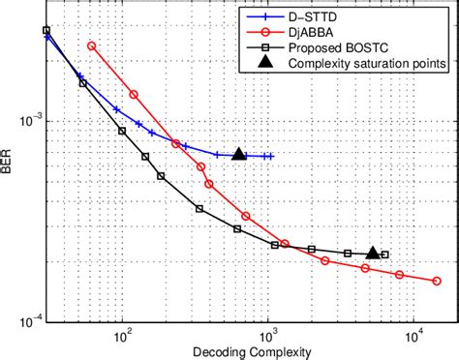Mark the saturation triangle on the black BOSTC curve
tap(373, 253)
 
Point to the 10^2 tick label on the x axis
tap(123, 336)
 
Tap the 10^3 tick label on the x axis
tap(268, 336)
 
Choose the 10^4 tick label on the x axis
tap(413, 336)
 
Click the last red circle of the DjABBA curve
tap(437, 282)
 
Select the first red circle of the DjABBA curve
tap(92, 45)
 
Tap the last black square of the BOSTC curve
tap(385, 255)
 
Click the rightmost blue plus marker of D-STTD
tap(271, 156)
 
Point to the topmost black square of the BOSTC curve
tap(46, 30)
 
